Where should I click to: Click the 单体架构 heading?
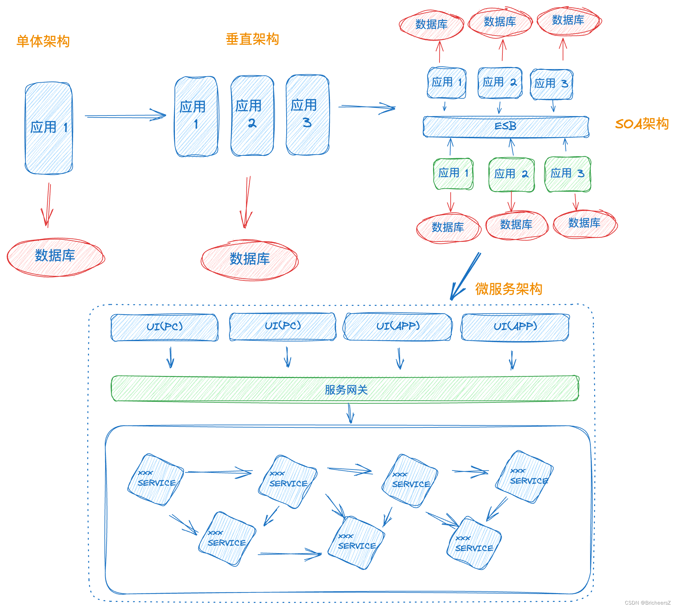tap(43, 41)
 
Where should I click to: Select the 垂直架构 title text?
tap(252, 39)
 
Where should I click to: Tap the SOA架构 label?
tap(641, 124)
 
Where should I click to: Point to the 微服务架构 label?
tap(508, 289)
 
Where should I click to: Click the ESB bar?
tap(505, 127)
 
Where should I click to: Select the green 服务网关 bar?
tap(345, 389)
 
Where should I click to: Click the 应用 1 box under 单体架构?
tap(49, 128)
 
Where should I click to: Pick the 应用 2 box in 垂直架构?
tap(252, 115)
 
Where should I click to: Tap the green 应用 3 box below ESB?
tap(567, 174)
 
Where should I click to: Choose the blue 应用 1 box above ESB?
tap(447, 83)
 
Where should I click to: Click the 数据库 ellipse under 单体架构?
tap(55, 257)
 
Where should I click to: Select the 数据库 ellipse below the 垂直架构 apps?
tap(249, 260)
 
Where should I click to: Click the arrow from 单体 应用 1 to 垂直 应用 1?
tap(125, 116)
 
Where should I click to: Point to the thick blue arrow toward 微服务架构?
tap(465, 276)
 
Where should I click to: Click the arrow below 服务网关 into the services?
tap(350, 413)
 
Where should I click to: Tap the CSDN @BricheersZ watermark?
tap(647, 603)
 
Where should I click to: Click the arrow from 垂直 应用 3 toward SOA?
tap(367, 107)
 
